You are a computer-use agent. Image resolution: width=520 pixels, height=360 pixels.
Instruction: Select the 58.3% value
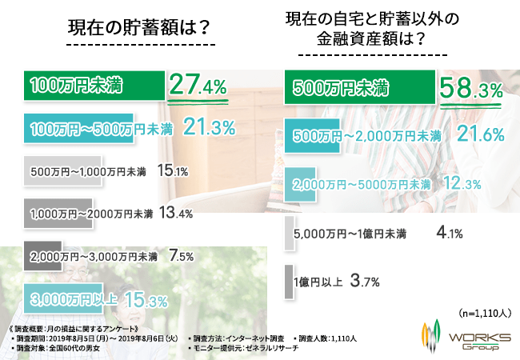click(471, 86)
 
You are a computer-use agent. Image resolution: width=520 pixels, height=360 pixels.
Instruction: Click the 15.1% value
click(172, 170)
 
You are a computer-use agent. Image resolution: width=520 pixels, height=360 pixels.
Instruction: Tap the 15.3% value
click(145, 301)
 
